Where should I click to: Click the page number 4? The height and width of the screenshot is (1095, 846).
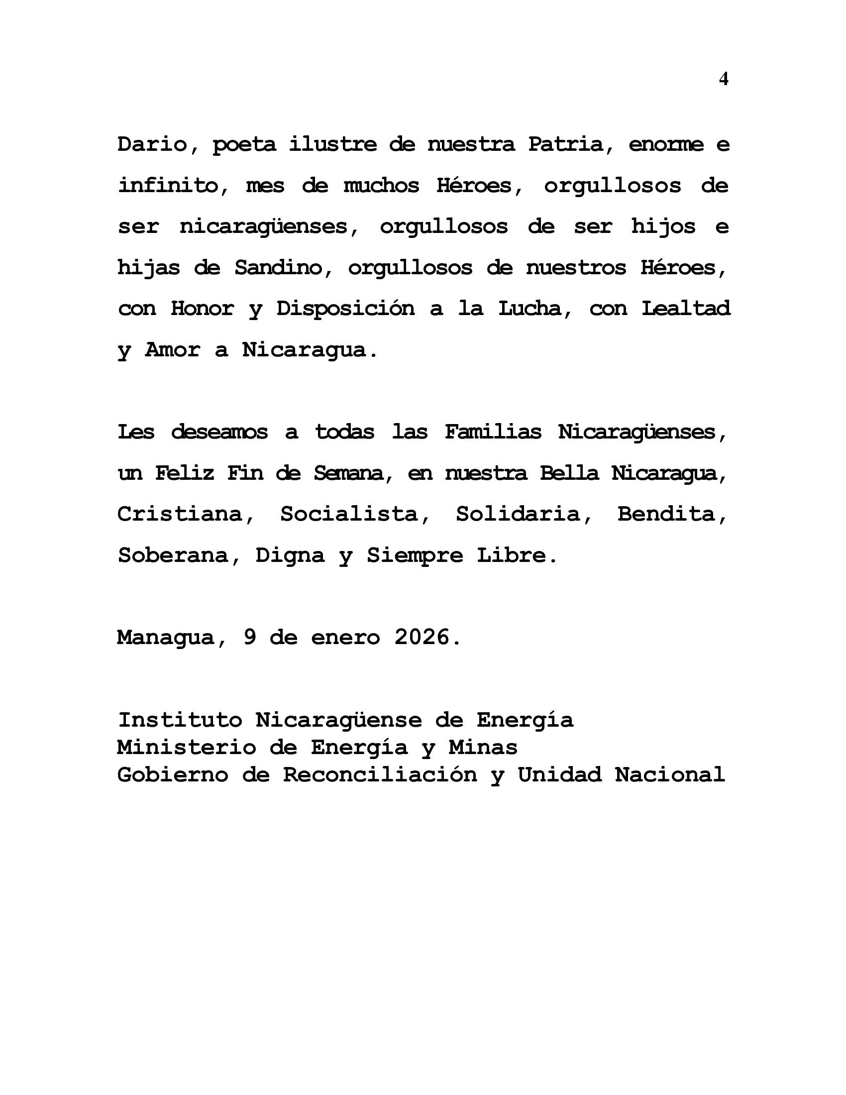pos(723,79)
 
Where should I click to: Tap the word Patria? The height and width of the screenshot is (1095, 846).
pos(566,144)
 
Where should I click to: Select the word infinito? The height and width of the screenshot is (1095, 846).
pos(167,186)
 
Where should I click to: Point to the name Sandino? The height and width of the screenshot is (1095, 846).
pos(278,268)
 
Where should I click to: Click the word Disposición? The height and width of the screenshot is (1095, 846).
pos(345,309)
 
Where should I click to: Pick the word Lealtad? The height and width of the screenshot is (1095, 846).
pos(686,309)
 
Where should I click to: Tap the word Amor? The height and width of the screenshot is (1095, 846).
pos(172,349)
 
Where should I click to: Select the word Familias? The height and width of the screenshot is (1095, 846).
pos(493,432)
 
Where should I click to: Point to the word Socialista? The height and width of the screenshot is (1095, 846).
pos(348,514)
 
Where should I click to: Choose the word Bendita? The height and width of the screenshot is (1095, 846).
pos(666,514)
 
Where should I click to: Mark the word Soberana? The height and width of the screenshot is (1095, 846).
pos(173,555)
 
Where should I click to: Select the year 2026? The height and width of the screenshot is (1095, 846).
pos(422,638)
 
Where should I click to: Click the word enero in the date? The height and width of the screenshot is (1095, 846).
pos(345,638)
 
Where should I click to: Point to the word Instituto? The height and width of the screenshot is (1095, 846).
pos(180,720)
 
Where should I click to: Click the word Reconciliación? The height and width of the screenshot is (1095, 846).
pos(379,775)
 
